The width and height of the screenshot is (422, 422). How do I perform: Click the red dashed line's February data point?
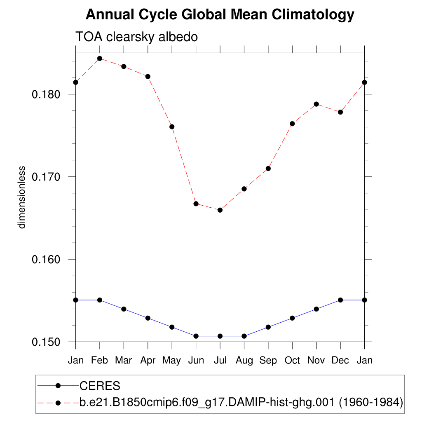tap(100, 59)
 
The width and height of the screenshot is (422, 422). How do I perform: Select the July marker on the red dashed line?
tap(220, 210)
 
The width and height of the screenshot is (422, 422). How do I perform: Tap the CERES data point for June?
tap(196, 336)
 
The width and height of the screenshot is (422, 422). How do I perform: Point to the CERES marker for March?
tap(124, 309)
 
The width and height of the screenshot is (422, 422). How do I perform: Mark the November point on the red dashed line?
tap(316, 104)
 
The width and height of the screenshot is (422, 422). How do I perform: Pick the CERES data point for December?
tap(340, 300)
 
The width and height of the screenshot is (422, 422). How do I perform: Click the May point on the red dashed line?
tap(172, 127)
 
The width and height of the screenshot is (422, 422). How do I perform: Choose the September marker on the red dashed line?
tap(268, 169)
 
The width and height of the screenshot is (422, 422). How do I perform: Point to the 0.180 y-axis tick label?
tap(46, 94)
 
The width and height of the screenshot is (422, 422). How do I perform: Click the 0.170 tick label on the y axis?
tap(46, 177)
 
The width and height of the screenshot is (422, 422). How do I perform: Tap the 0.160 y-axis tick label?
tap(46, 260)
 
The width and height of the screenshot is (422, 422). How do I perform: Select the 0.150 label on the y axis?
tap(46, 342)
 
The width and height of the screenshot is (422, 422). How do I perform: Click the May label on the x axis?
tap(172, 361)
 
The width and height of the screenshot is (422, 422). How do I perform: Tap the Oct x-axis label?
tap(292, 361)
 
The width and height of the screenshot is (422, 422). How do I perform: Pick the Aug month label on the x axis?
tap(244, 361)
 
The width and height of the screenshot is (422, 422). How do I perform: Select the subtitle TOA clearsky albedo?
tap(136, 37)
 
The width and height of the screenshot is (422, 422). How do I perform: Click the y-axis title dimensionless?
tap(22, 197)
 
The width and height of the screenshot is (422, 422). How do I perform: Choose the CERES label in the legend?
tap(100, 386)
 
